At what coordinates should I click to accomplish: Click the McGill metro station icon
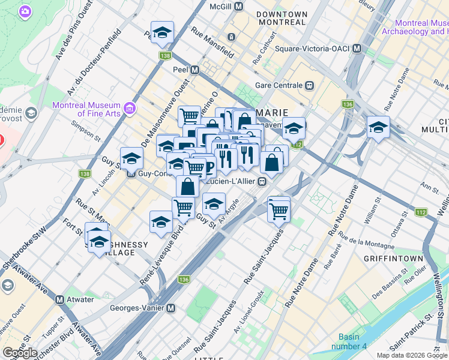point(239,6)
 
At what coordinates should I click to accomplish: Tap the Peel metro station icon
point(194,70)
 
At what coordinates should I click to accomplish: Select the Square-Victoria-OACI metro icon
point(357,48)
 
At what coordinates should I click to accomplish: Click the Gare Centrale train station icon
point(309,85)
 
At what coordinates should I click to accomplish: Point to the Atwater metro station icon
point(59,299)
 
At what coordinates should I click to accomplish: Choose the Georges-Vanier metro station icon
point(171,308)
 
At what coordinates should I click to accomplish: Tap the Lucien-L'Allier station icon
point(262,181)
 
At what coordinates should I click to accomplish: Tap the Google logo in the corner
point(20,353)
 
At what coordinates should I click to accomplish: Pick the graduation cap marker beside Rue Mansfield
point(162,34)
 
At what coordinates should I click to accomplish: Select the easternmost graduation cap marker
point(378,127)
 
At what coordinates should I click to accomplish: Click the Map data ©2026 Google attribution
point(412,355)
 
